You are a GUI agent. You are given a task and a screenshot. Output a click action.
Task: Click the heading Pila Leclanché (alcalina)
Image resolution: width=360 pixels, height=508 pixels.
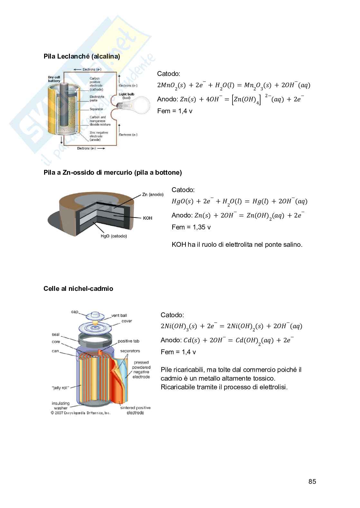click(x=82, y=56)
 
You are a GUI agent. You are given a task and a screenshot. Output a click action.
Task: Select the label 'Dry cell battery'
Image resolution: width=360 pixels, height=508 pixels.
click(x=54, y=79)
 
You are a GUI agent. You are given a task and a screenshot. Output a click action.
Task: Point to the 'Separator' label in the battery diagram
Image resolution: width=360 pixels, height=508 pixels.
click(x=96, y=109)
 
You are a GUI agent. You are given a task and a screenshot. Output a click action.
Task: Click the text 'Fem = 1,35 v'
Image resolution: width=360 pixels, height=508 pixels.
click(x=191, y=227)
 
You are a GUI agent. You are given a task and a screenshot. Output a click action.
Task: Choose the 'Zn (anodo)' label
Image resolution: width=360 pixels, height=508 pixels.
click(x=153, y=195)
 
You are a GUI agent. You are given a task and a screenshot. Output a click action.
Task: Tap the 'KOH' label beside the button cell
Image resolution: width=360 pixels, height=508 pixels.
click(x=147, y=218)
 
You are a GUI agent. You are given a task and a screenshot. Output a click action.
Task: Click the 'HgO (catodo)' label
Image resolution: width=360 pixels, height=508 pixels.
click(x=114, y=236)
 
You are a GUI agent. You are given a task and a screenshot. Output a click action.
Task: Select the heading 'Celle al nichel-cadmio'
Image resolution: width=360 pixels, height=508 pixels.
click(x=78, y=289)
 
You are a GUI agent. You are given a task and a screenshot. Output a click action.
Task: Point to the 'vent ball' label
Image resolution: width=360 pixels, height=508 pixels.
click(x=119, y=315)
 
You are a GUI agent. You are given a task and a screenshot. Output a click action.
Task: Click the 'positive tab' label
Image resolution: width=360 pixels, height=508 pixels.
click(x=128, y=341)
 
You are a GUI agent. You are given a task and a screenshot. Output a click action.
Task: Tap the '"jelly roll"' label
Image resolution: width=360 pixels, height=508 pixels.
click(x=60, y=388)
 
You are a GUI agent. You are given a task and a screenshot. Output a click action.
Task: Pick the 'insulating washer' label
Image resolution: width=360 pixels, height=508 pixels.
click(x=61, y=405)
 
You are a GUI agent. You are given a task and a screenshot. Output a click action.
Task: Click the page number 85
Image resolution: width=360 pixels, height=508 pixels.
click(x=312, y=481)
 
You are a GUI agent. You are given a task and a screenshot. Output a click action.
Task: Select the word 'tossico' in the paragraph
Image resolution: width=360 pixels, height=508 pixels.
click(x=264, y=378)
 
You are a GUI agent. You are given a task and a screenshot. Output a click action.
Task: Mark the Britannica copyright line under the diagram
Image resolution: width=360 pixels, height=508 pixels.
click(x=81, y=413)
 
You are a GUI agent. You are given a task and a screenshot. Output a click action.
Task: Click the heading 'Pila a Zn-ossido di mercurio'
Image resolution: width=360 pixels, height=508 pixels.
click(x=113, y=172)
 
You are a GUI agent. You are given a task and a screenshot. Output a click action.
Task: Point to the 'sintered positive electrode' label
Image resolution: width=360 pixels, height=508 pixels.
click(x=135, y=410)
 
